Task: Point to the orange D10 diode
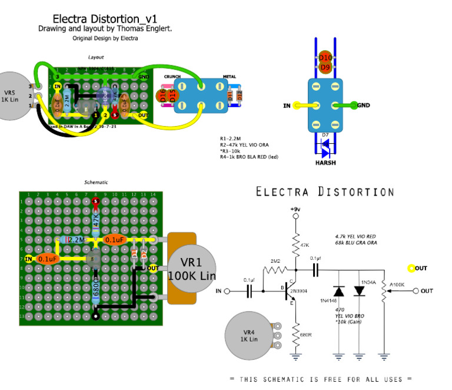pyautogui.click(x=325, y=57)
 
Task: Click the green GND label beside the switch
pyautogui.click(x=363, y=105)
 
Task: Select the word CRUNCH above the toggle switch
pyautogui.click(x=172, y=77)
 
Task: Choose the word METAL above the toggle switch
pyautogui.click(x=229, y=77)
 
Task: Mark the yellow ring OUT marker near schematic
pyautogui.click(x=412, y=268)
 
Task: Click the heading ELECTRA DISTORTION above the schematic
pyautogui.click(x=325, y=192)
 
